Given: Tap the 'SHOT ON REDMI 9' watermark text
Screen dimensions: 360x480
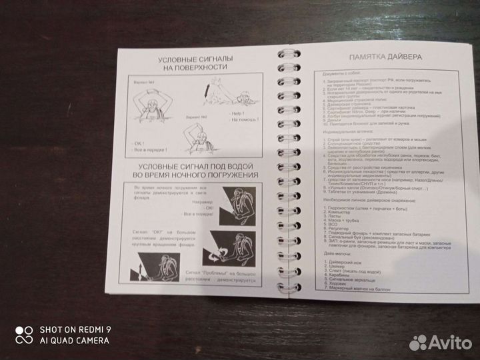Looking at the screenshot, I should pos(74,329).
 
